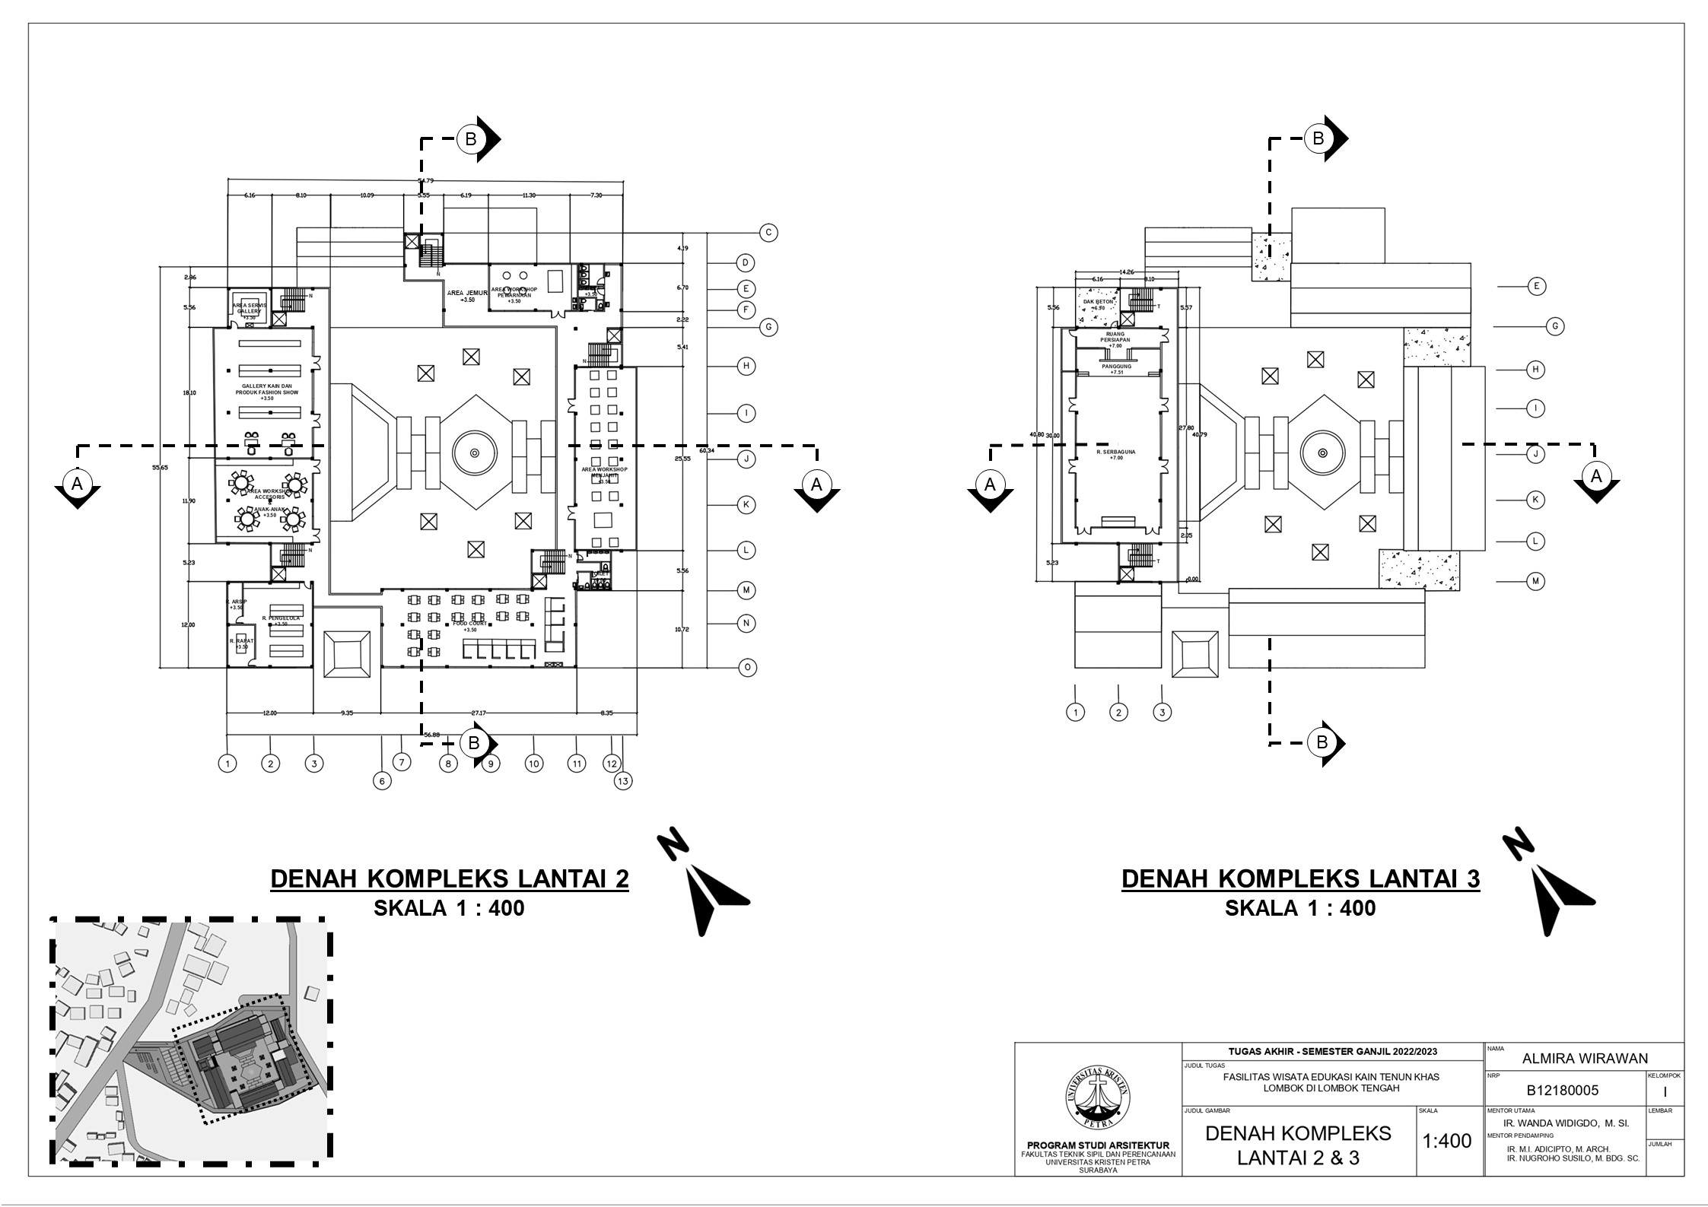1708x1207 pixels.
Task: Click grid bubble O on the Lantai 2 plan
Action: [x=747, y=668]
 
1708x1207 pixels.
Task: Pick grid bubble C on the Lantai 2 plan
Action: [x=768, y=233]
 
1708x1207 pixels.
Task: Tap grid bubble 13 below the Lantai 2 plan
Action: [x=623, y=780]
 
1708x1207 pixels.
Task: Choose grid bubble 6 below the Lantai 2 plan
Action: [x=382, y=780]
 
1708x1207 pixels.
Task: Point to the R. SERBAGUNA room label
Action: [x=1115, y=452]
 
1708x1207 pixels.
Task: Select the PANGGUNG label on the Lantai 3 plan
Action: [x=1116, y=367]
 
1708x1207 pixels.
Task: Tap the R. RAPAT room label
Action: [x=241, y=641]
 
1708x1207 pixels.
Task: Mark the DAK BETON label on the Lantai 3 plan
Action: [x=1098, y=302]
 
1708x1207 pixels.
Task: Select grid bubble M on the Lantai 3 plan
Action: [x=1536, y=581]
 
